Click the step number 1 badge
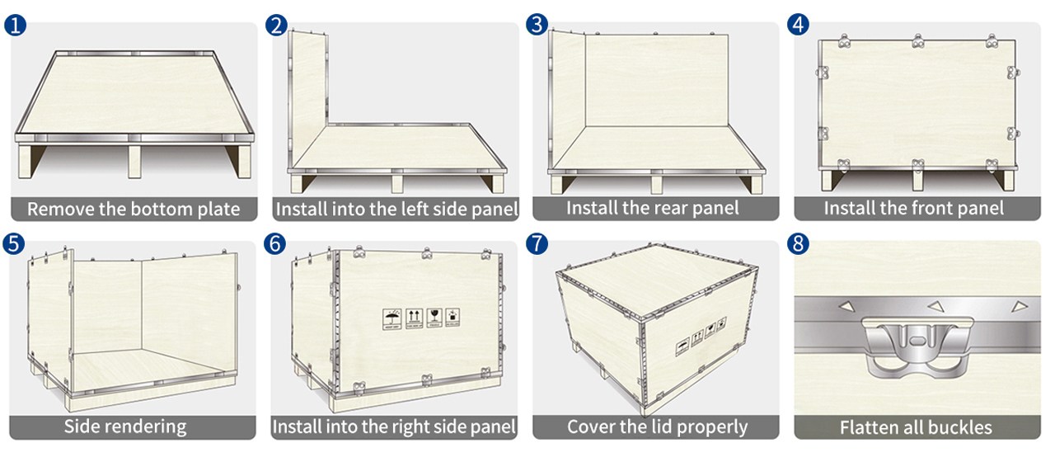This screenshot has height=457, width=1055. point(15,25)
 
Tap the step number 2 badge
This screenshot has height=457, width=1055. point(277,25)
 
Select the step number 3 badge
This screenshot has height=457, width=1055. point(537,25)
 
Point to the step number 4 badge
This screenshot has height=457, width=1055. point(798,25)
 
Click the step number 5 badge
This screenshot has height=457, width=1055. point(15,244)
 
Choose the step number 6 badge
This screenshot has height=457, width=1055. point(277,244)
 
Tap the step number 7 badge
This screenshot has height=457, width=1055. point(537,244)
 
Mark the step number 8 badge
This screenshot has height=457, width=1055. point(798,244)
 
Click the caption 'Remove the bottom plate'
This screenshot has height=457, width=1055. point(134,209)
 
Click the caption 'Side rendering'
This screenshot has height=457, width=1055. point(125,426)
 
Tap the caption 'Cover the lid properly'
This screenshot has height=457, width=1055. point(657,426)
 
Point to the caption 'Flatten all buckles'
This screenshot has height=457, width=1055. point(916,427)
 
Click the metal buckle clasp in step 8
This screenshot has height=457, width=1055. point(916,339)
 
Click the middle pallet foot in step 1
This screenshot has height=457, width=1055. point(134,162)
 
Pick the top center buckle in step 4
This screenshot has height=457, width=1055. point(917,40)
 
